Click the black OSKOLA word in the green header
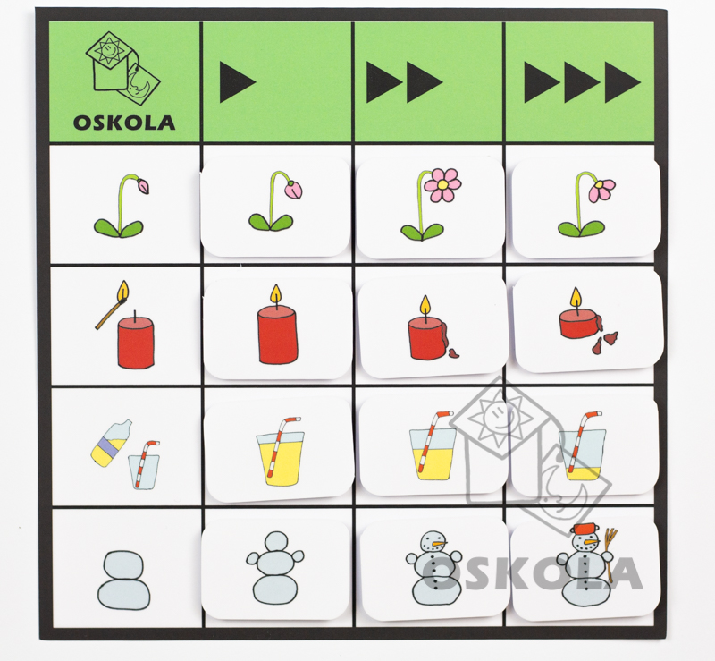point(124,123)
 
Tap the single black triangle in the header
point(237,82)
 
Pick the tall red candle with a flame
point(277,324)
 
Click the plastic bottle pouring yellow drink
point(111,443)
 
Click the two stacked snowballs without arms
point(123,579)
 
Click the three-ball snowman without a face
point(275,568)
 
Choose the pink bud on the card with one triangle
point(294,190)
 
